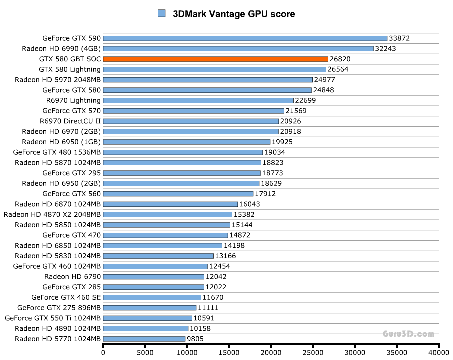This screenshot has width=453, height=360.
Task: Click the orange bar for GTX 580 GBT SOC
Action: (x=215, y=59)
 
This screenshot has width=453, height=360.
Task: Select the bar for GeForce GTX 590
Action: (x=245, y=38)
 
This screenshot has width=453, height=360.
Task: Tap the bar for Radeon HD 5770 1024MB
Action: (x=144, y=339)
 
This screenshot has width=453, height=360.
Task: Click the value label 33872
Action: (x=399, y=38)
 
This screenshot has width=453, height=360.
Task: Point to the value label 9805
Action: (x=195, y=339)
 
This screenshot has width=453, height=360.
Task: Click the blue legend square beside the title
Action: (x=162, y=14)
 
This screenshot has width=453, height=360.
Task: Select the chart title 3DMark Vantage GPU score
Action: (x=234, y=14)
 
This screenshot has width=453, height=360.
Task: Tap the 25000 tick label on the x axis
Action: (x=313, y=352)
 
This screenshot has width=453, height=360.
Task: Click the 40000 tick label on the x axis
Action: (x=438, y=352)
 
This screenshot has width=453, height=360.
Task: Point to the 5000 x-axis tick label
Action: (x=145, y=352)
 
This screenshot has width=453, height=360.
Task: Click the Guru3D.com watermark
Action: (x=408, y=333)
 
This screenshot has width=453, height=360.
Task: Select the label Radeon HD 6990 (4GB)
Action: (x=61, y=49)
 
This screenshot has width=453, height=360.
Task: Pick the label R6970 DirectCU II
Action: (x=70, y=121)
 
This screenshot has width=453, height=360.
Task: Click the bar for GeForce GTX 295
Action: (x=181, y=173)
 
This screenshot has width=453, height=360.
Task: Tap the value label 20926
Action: (x=290, y=121)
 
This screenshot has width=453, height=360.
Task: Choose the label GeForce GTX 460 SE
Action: (x=66, y=297)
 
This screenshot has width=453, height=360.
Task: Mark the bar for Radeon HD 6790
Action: (x=153, y=276)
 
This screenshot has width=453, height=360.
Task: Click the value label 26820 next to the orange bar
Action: (x=340, y=59)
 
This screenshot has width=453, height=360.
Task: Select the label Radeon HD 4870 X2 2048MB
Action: (x=52, y=214)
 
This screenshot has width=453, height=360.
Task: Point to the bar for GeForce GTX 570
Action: (x=193, y=111)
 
